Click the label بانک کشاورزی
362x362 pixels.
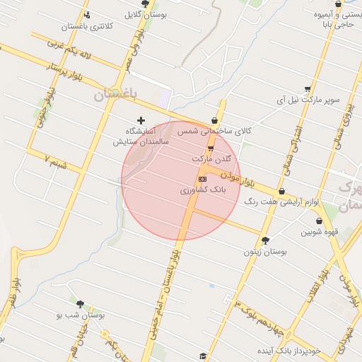[202, 190]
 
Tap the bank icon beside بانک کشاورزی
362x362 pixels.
[203, 180]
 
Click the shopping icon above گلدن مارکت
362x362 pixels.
[211, 148]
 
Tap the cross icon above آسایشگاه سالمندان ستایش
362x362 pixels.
[141, 121]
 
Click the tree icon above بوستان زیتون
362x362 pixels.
[265, 240]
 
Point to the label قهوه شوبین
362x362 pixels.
[320, 230]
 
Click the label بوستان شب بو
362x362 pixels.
[81, 315]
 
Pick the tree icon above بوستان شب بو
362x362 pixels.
[79, 303]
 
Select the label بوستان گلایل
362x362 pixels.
[146, 13]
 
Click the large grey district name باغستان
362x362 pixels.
[115, 93]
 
